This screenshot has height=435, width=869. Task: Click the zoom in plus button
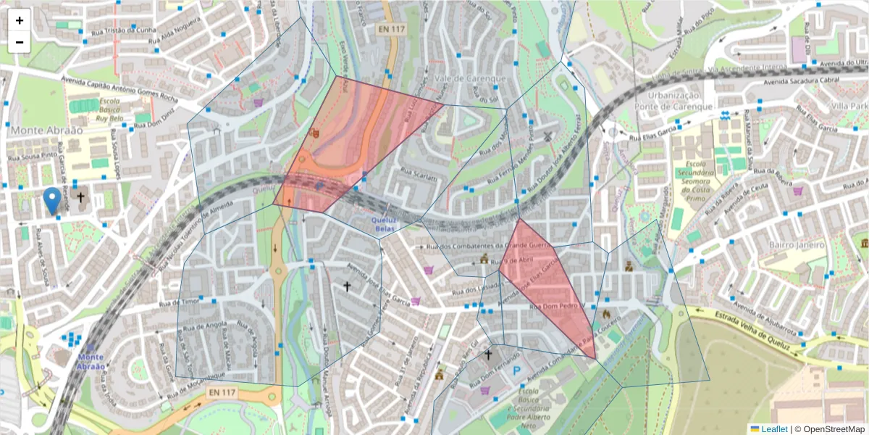20,20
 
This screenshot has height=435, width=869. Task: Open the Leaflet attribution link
773,429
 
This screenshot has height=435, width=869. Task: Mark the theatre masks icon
314,133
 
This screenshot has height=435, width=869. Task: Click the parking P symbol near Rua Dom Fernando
517,370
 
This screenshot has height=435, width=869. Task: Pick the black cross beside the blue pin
80,197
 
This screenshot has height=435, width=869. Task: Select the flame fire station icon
605,315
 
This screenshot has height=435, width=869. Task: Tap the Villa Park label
849,106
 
